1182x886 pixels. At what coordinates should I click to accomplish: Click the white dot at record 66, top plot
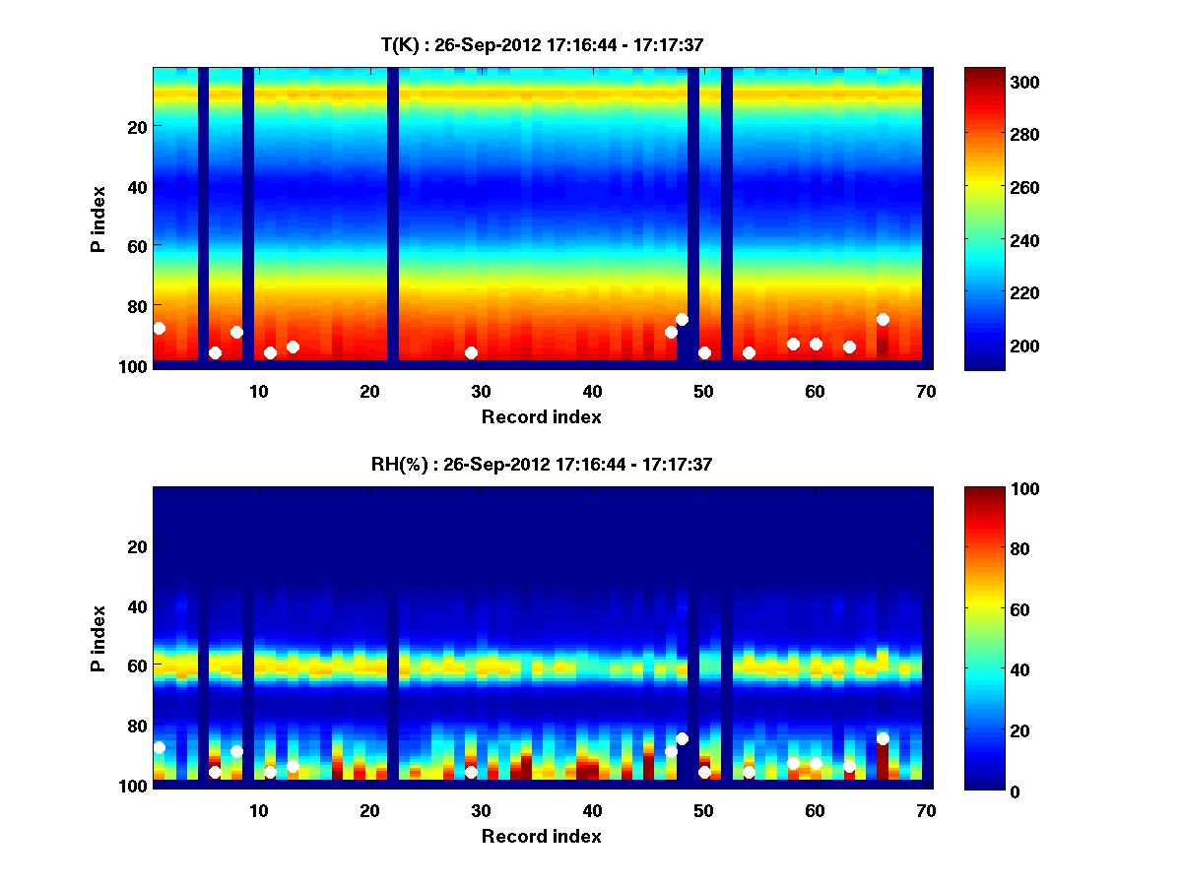point(883,319)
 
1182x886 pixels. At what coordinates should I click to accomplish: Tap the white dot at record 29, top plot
point(471,352)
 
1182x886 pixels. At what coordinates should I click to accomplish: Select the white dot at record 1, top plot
point(160,328)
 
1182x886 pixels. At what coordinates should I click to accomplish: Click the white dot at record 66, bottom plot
point(883,738)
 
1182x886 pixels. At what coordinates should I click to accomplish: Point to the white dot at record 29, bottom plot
point(471,772)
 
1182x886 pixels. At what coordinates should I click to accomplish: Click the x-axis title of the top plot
point(542,416)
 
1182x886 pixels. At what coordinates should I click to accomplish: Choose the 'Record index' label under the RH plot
point(542,836)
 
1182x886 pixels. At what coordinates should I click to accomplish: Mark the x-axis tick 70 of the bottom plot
point(926,810)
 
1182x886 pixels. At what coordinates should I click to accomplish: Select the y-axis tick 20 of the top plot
point(136,126)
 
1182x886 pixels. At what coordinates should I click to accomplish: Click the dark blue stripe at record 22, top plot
point(393,217)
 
